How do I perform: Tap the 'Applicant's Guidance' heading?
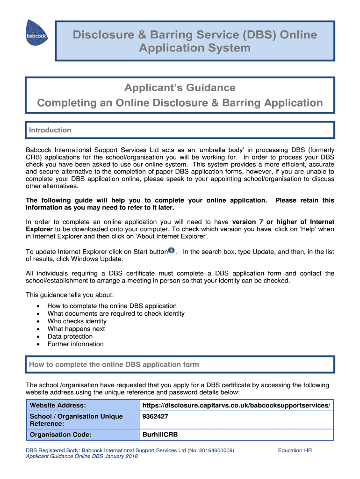coord(180,88)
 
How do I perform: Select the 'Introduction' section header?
coord(50,130)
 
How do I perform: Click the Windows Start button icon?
coord(171,251)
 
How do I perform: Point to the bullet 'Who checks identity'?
coord(77,321)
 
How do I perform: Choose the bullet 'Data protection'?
coord(70,336)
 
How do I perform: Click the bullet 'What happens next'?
coord(76,329)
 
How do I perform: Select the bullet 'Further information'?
coord(75,344)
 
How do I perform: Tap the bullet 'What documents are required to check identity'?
coord(116,313)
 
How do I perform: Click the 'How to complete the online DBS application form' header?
coord(114,364)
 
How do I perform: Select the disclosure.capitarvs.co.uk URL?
coord(236,405)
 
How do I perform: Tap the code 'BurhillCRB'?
coord(160,435)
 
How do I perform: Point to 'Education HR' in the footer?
coord(295,450)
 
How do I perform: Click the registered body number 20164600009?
coord(216,450)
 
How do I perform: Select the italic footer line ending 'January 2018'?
coord(82,457)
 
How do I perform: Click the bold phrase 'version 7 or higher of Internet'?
coord(283,222)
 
